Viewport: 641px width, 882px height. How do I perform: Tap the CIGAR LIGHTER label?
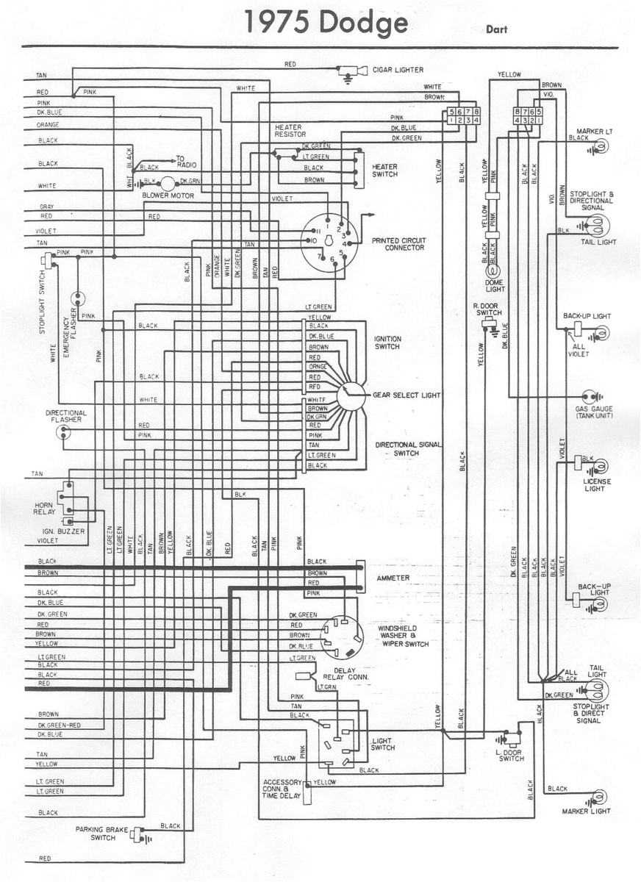click(398, 70)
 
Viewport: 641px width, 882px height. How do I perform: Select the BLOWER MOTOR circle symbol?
click(168, 183)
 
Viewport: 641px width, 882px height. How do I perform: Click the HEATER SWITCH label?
click(384, 171)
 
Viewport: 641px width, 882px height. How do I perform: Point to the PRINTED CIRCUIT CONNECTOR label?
click(398, 244)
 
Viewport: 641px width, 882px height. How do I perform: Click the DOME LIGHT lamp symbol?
click(492, 273)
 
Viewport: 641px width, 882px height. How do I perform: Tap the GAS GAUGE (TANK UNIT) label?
click(594, 412)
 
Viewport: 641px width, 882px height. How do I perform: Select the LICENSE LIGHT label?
click(594, 485)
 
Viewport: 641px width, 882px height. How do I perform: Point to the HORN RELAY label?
click(45, 509)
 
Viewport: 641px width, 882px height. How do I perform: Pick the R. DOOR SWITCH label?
click(488, 309)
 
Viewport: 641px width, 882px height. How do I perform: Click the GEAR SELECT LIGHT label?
click(407, 395)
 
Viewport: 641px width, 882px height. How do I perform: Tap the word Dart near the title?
click(496, 30)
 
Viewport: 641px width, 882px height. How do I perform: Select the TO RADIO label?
click(184, 162)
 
